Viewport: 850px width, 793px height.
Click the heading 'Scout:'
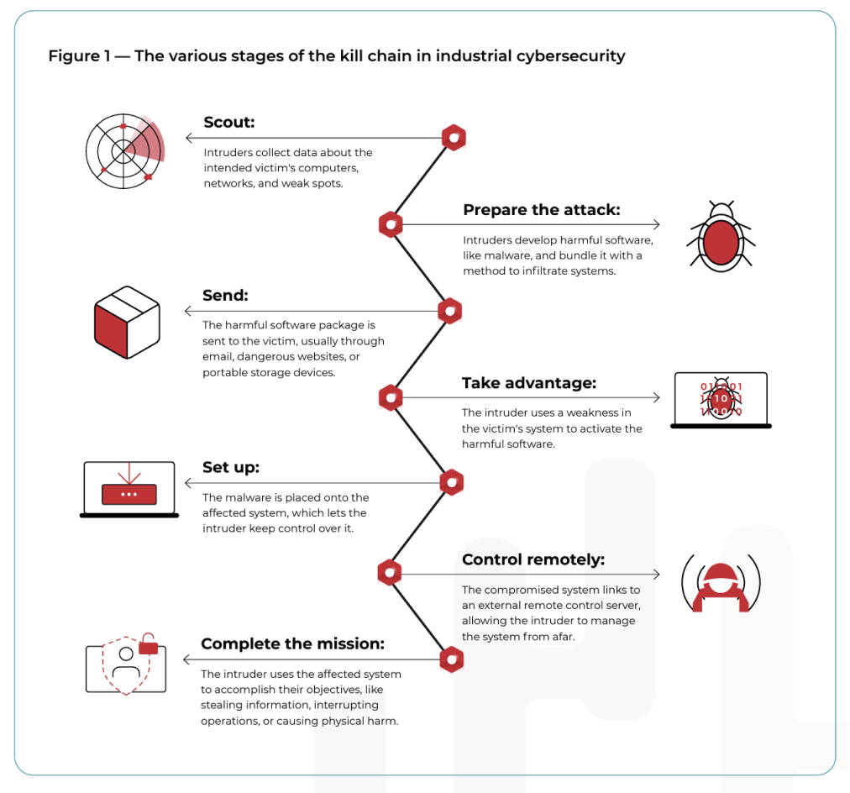[x=228, y=123]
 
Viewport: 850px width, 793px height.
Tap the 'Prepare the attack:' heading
[x=541, y=210]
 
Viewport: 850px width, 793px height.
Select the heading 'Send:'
[x=225, y=296]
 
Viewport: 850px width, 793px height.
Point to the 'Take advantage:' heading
[x=528, y=383]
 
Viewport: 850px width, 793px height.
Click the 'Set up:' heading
[x=231, y=468]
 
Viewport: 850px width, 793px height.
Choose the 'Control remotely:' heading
[x=533, y=559]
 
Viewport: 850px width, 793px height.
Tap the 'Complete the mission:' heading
[x=292, y=644]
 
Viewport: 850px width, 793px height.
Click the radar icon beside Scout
[x=124, y=151]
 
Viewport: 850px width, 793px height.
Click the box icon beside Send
[x=126, y=322]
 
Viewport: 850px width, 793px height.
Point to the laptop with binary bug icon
[x=721, y=401]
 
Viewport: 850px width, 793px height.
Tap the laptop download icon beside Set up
[x=129, y=489]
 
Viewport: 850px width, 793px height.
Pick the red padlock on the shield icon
[x=149, y=645]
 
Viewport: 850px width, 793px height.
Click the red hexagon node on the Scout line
[x=454, y=138]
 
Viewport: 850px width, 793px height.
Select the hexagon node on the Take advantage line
[x=390, y=397]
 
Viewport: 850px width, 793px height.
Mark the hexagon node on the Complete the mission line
[x=451, y=659]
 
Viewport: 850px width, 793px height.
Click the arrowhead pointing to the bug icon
[x=656, y=225]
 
